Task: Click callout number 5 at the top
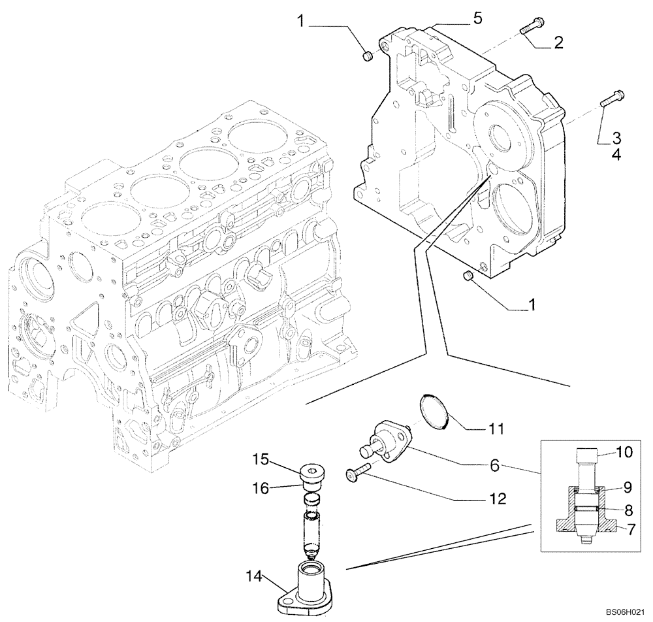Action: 478,18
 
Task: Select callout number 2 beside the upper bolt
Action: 558,43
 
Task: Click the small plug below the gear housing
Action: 467,278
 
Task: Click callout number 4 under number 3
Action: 616,155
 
